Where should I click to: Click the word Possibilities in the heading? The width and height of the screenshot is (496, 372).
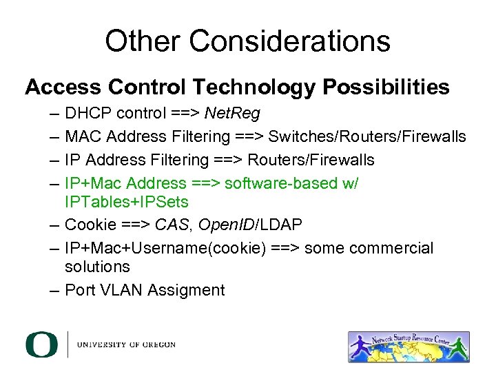click(387, 87)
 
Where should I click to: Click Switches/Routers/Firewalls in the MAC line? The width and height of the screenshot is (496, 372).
click(367, 136)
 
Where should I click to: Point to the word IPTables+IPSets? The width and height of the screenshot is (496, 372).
click(126, 202)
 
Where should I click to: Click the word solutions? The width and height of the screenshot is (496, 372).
click(97, 266)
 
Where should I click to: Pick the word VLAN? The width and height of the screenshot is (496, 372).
click(122, 290)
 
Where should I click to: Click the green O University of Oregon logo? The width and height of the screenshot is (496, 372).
click(42, 344)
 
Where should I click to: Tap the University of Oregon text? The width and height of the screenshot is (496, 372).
click(126, 344)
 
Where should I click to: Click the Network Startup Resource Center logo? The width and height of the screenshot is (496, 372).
click(409, 347)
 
